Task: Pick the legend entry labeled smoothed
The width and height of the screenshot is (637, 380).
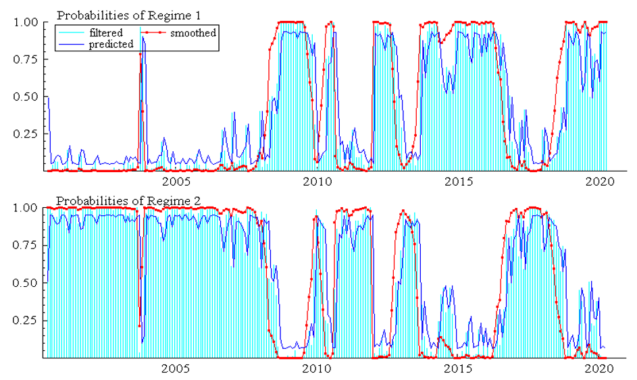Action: pyautogui.click(x=193, y=32)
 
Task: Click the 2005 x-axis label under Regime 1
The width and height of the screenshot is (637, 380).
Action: pyautogui.click(x=175, y=182)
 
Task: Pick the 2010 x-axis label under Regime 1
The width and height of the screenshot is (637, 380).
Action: pyautogui.click(x=317, y=182)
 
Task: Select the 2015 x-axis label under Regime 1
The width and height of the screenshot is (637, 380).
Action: pyautogui.click(x=458, y=182)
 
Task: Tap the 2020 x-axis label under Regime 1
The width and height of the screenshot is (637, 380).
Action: pyautogui.click(x=599, y=182)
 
